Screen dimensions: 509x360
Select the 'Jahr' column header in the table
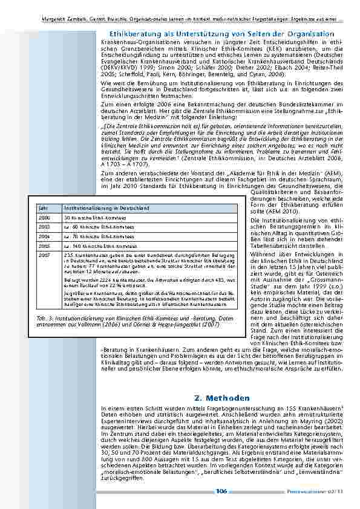(42, 207)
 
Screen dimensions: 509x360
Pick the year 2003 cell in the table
(44, 226)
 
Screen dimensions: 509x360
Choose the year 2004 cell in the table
(44, 236)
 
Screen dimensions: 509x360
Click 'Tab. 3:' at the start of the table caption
(44, 318)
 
